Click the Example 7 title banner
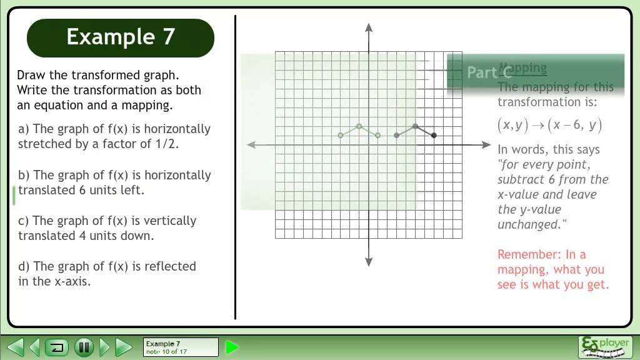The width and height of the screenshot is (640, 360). [120, 37]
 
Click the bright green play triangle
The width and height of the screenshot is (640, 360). [232, 347]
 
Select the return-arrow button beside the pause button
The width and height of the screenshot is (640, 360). [57, 346]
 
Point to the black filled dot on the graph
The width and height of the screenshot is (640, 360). [434, 135]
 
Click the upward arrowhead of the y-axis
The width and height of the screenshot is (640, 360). [369, 27]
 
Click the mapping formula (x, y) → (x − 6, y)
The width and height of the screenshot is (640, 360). [550, 125]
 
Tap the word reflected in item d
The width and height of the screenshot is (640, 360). [170, 266]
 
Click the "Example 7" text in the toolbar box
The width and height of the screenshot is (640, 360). [163, 344]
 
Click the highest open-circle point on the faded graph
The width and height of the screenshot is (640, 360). [359, 126]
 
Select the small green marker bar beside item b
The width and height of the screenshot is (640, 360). [14, 195]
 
